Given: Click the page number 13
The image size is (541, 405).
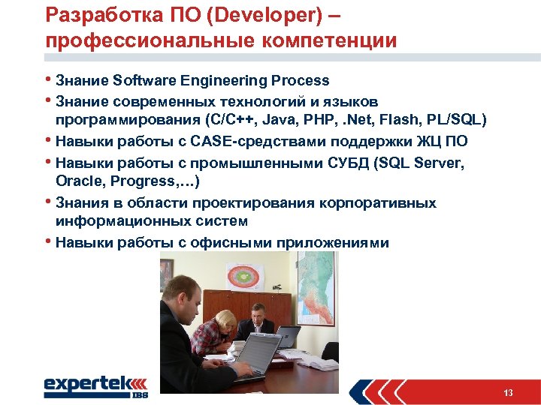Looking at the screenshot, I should pyautogui.click(x=509, y=393).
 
